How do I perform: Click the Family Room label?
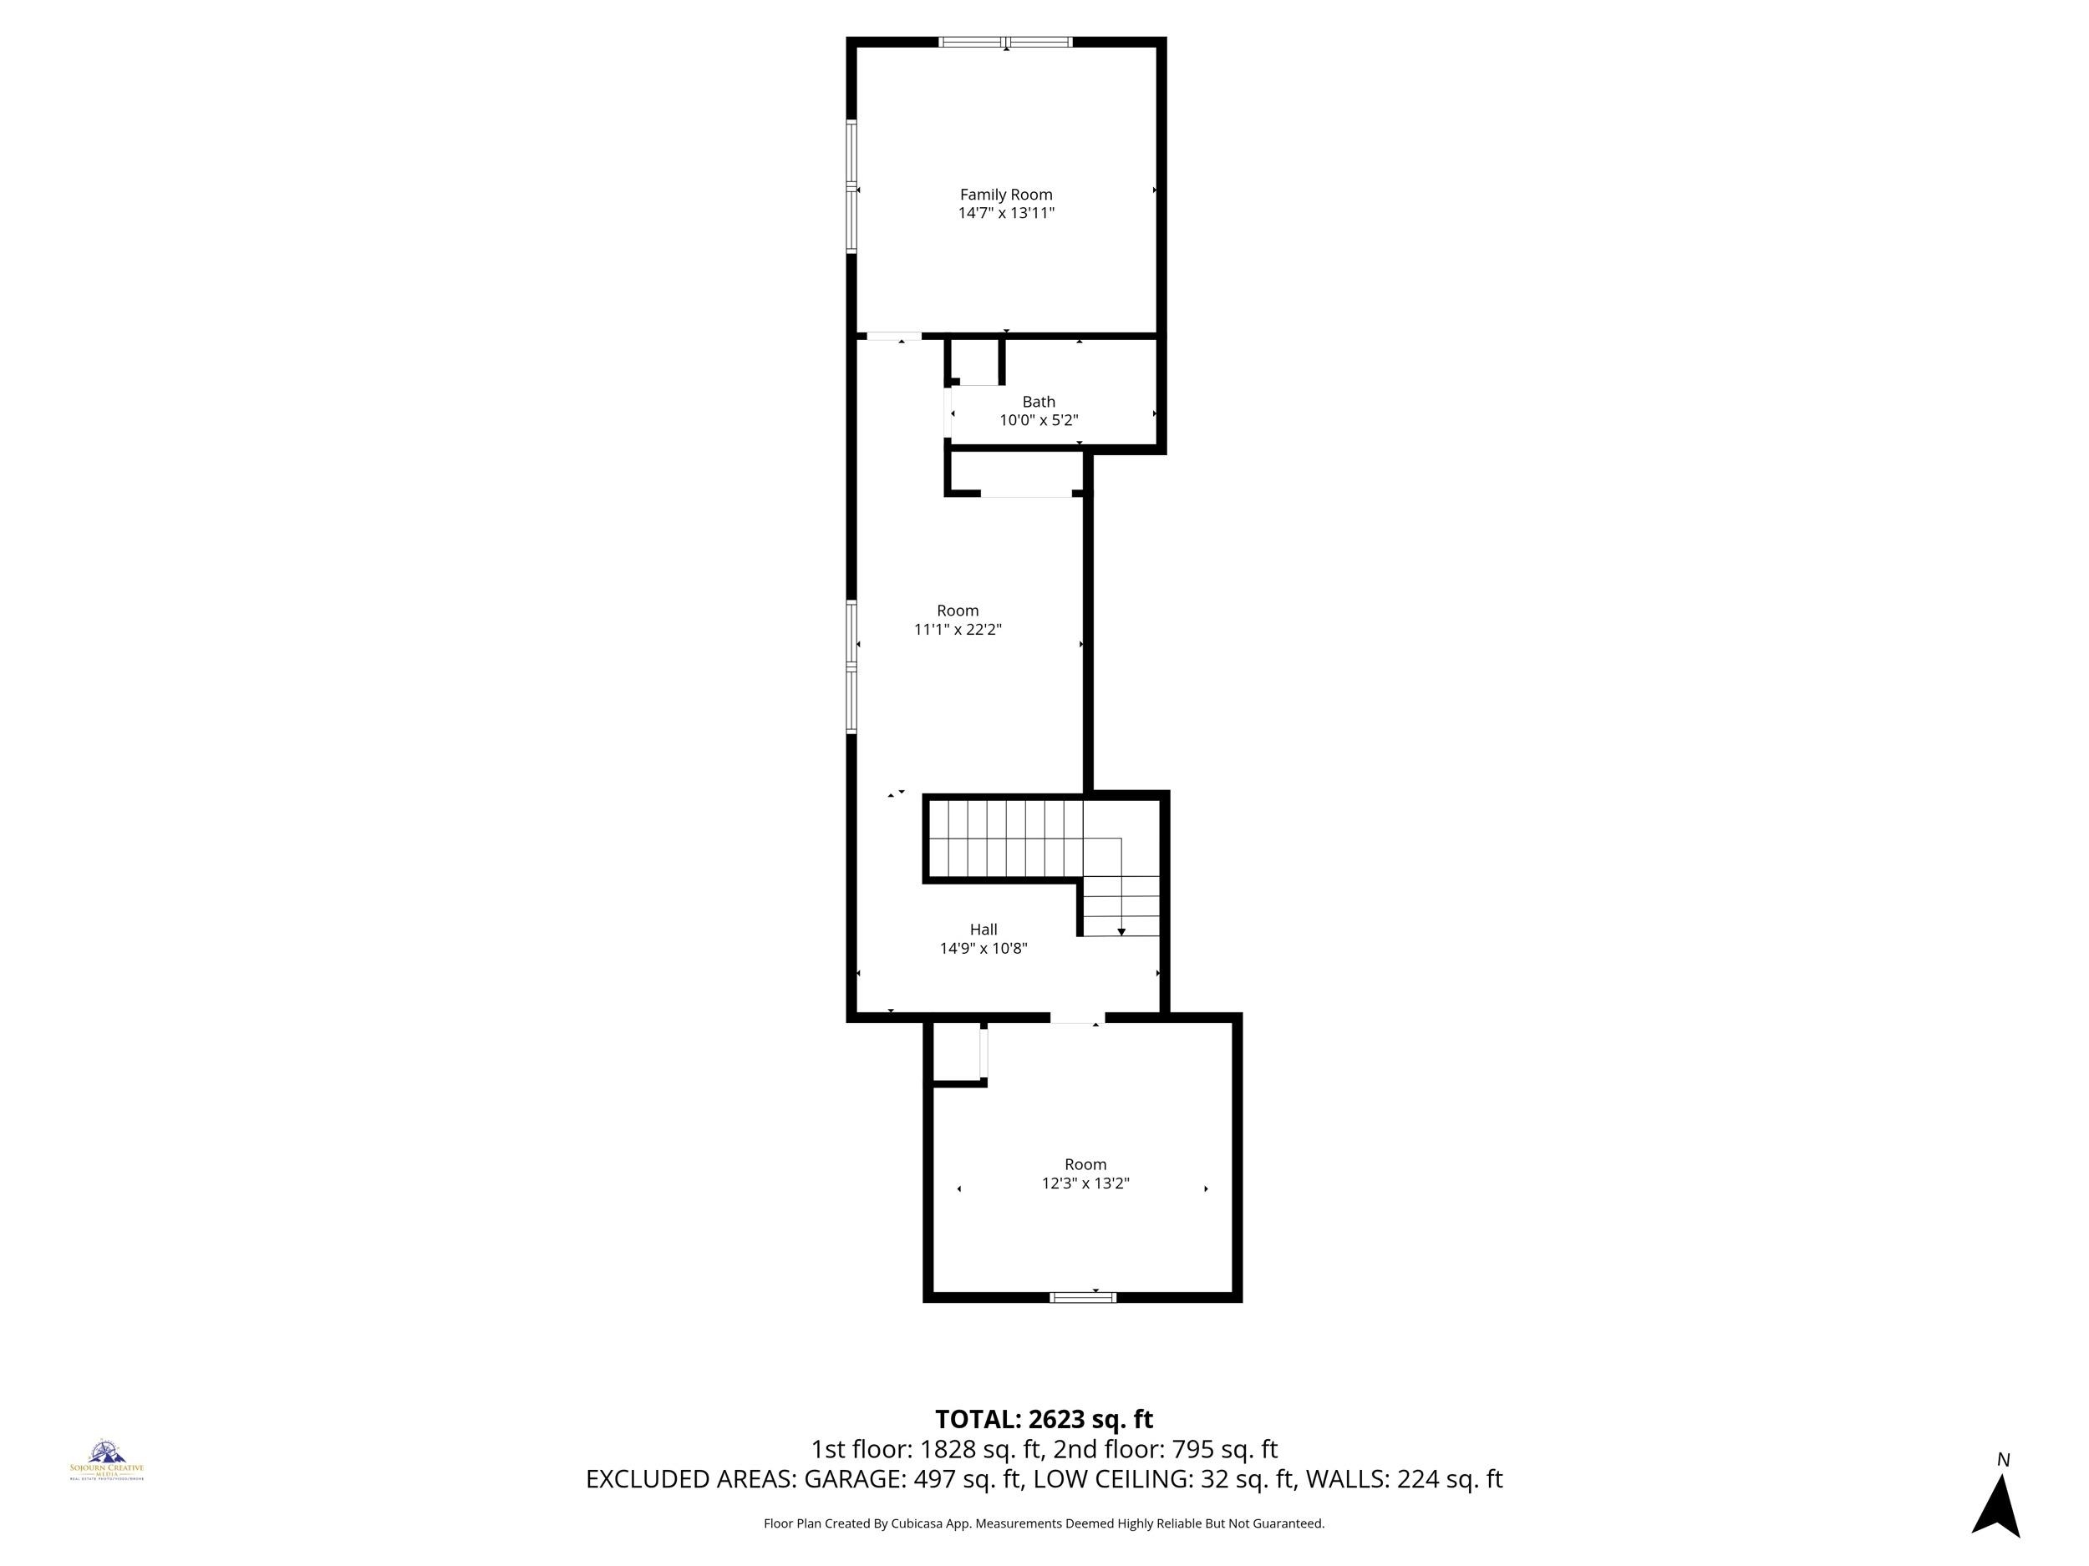[x=1006, y=195]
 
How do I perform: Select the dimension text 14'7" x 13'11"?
[x=1006, y=213]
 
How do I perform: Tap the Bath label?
[x=1038, y=402]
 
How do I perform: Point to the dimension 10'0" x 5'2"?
[x=1038, y=420]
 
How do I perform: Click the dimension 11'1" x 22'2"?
[x=957, y=630]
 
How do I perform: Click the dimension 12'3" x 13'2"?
[x=1085, y=1183]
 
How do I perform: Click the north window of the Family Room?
[x=1005, y=42]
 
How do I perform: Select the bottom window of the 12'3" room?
[x=1082, y=1298]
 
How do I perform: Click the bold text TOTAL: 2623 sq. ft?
[x=1044, y=1420]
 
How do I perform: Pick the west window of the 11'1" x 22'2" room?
[x=851, y=667]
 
